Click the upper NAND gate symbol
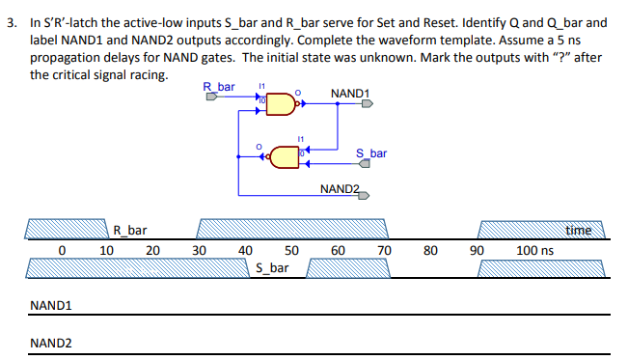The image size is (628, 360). (280, 103)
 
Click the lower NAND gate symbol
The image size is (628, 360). (284, 155)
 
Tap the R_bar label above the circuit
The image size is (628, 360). (219, 87)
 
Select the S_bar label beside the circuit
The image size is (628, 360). (371, 152)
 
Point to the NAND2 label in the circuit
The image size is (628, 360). (340, 187)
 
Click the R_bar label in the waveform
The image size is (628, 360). (130, 230)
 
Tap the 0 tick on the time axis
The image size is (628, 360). (61, 250)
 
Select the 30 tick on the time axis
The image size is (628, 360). (200, 250)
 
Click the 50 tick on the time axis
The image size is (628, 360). (292, 250)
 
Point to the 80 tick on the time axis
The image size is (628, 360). (430, 250)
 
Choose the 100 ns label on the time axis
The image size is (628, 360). (534, 250)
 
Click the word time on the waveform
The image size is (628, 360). (579, 230)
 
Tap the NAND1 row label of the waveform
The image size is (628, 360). (51, 306)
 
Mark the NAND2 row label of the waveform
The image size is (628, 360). (51, 343)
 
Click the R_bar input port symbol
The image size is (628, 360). (211, 96)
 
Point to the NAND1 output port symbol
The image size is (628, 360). (367, 106)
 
